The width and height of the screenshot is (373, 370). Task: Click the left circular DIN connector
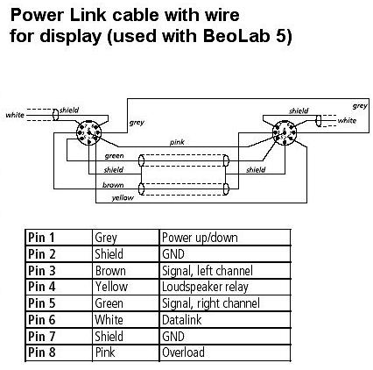(x=88, y=133)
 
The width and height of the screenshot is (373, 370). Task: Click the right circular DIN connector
(x=285, y=133)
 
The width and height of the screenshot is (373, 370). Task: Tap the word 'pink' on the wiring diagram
(x=177, y=142)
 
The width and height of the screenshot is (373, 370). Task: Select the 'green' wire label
(x=114, y=156)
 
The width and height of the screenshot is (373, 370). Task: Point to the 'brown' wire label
(x=113, y=185)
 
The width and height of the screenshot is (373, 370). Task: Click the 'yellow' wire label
(x=123, y=198)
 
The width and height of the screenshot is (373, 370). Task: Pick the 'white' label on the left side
(x=15, y=115)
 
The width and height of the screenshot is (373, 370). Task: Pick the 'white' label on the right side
(x=347, y=120)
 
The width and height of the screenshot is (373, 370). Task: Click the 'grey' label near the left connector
(x=137, y=122)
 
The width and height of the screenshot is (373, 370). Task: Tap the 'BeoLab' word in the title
(x=236, y=36)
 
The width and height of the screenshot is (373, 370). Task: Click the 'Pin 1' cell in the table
(x=41, y=238)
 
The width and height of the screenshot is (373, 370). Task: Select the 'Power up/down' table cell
(x=200, y=238)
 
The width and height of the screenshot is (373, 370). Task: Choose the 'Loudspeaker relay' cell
(x=205, y=287)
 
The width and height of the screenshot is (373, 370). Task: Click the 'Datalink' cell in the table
(x=181, y=320)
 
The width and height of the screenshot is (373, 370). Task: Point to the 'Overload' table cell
(x=183, y=352)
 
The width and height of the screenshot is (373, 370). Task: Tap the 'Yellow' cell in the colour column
(x=111, y=287)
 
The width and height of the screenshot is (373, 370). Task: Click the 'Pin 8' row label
(x=41, y=352)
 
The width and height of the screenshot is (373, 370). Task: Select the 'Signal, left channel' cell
(x=208, y=271)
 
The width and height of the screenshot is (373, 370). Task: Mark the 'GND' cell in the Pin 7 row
(x=173, y=336)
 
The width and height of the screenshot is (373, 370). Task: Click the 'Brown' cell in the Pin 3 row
(x=110, y=271)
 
